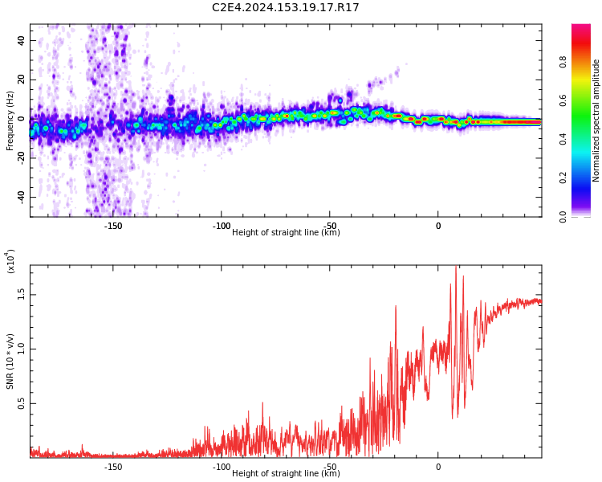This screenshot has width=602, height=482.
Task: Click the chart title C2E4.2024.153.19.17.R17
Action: click(x=286, y=8)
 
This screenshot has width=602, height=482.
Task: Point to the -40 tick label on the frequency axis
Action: click(x=20, y=197)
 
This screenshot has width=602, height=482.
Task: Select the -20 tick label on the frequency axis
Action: click(x=20, y=157)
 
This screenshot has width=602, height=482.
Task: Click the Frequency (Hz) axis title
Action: click(x=10, y=120)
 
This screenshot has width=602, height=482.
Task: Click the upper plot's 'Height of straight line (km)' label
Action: click(x=286, y=233)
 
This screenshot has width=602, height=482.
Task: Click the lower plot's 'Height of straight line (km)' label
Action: click(x=286, y=473)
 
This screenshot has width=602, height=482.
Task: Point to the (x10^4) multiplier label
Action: click(x=10, y=261)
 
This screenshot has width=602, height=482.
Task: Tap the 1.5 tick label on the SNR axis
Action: click(x=22, y=294)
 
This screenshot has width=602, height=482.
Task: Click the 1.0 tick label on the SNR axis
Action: click(x=22, y=349)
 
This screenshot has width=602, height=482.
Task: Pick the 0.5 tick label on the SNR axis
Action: click(x=22, y=403)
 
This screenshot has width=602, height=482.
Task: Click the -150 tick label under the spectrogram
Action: click(x=113, y=226)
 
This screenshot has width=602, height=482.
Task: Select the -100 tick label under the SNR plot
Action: click(x=222, y=467)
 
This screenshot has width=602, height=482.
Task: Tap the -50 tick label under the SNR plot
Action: click(x=330, y=467)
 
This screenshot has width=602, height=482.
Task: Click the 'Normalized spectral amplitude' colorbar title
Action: click(x=596, y=120)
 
